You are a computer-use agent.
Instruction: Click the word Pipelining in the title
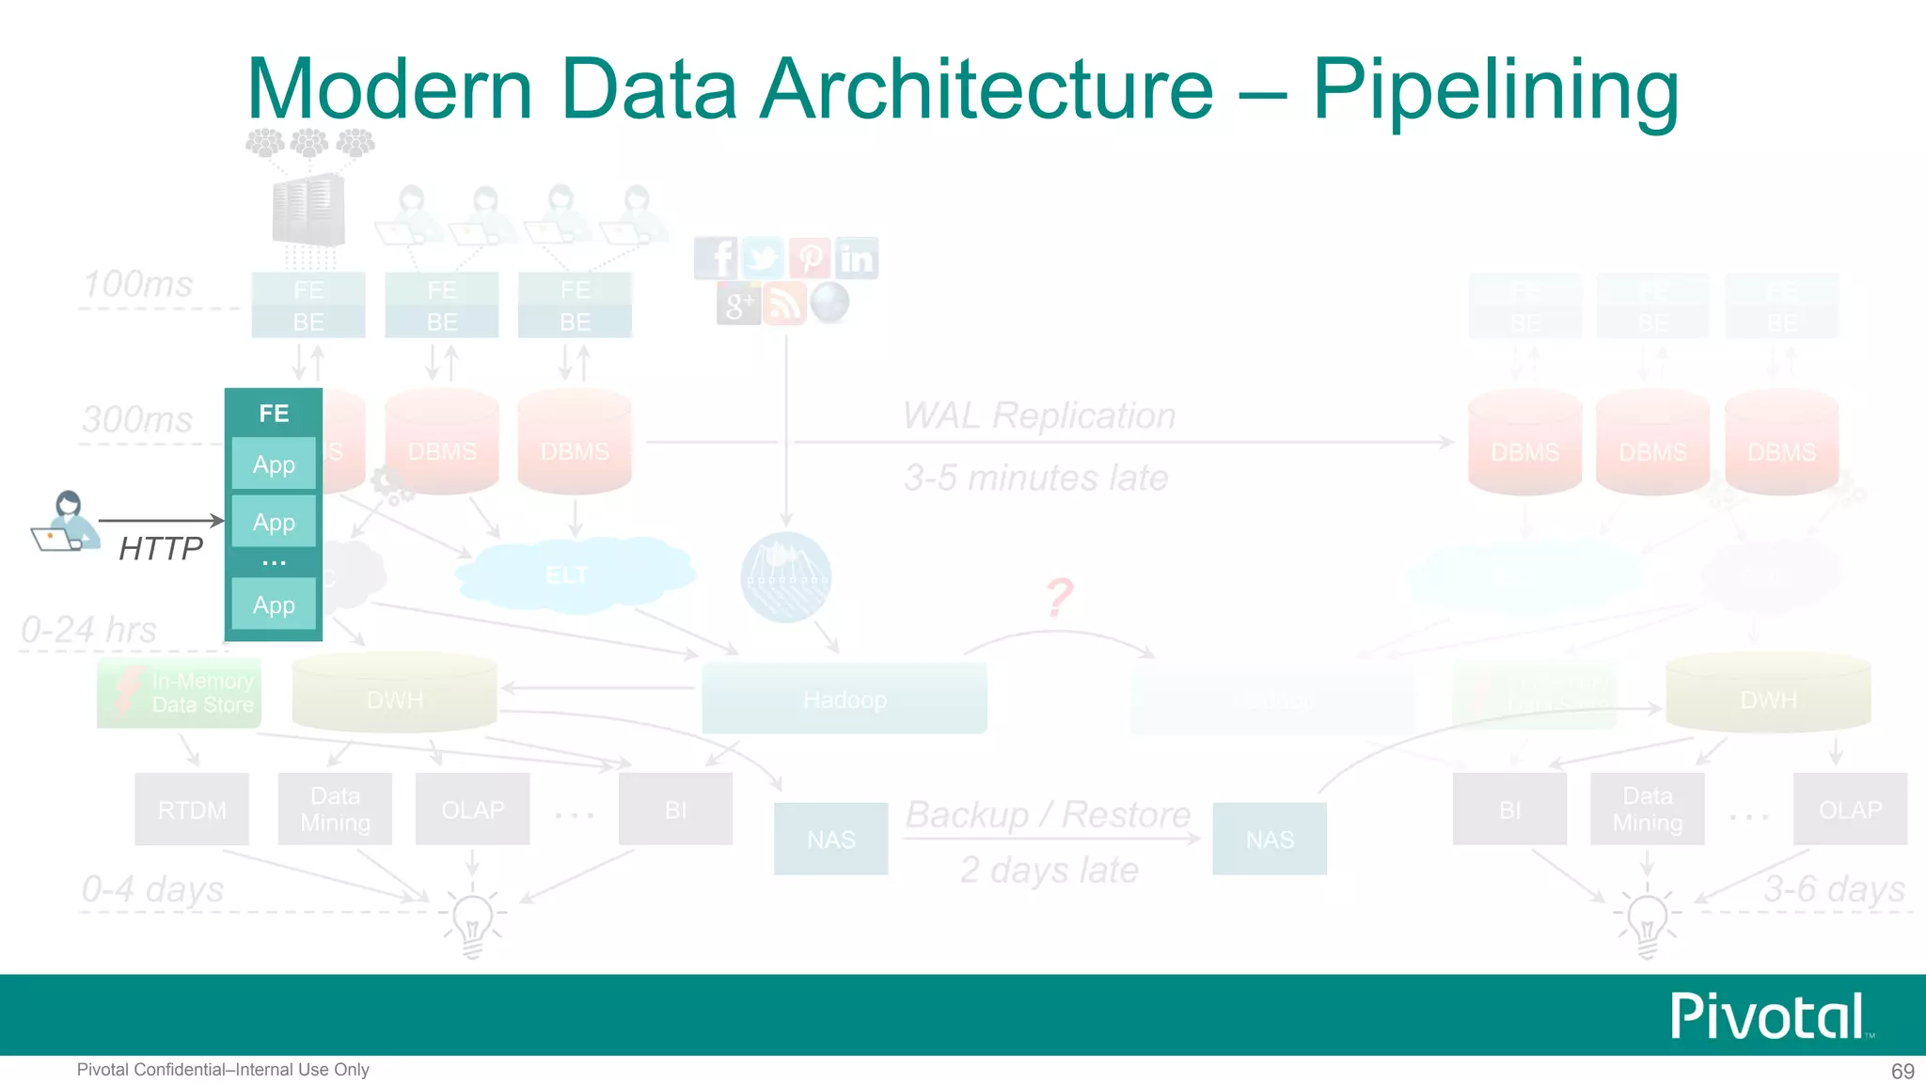pyautogui.click(x=1495, y=90)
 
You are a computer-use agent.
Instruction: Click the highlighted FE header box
pyautogui.click(x=274, y=413)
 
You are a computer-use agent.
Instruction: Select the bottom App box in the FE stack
pyautogui.click(x=274, y=604)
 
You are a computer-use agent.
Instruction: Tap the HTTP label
pyautogui.click(x=161, y=548)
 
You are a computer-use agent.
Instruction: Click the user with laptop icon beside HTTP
pyautogui.click(x=66, y=522)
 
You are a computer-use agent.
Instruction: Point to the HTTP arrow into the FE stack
pyautogui.click(x=161, y=520)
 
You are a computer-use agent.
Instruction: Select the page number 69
pyautogui.click(x=1902, y=1071)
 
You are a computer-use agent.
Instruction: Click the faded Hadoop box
pyautogui.click(x=845, y=699)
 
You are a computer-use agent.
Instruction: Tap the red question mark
pyautogui.click(x=1060, y=597)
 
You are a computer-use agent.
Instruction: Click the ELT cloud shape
pyautogui.click(x=569, y=574)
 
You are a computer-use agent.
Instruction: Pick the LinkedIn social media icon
pyautogui.click(x=857, y=259)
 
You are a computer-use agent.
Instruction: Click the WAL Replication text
pyautogui.click(x=1039, y=416)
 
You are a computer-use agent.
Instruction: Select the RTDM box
pyautogui.click(x=192, y=809)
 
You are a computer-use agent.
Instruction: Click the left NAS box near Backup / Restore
pyautogui.click(x=830, y=839)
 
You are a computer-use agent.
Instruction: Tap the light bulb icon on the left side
pyautogui.click(x=472, y=921)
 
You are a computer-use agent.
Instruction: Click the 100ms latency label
pyautogui.click(x=138, y=284)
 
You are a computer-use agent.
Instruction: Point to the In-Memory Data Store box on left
pyautogui.click(x=179, y=694)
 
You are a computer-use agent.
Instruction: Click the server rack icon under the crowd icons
pyautogui.click(x=308, y=211)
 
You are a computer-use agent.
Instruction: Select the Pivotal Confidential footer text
pyautogui.click(x=223, y=1070)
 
